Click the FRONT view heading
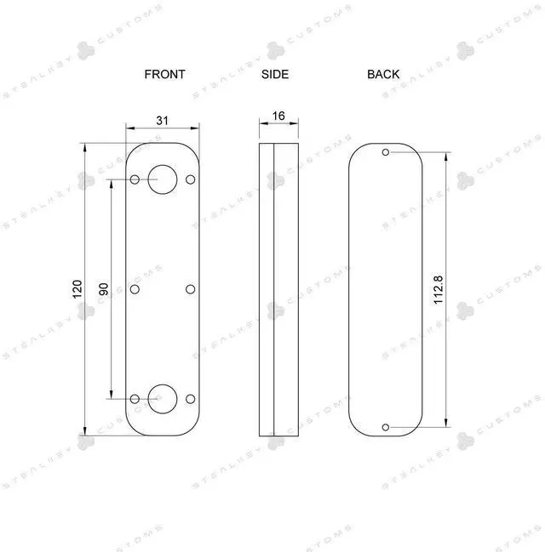pyautogui.click(x=164, y=74)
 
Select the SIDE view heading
pyautogui.click(x=275, y=74)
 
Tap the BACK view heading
pyautogui.click(x=383, y=74)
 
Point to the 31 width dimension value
pyautogui.click(x=162, y=121)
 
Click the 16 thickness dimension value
pyautogui.click(x=278, y=116)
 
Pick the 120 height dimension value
pyautogui.click(x=77, y=289)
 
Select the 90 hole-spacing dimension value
pyautogui.click(x=104, y=289)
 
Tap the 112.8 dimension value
pyautogui.click(x=438, y=290)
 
